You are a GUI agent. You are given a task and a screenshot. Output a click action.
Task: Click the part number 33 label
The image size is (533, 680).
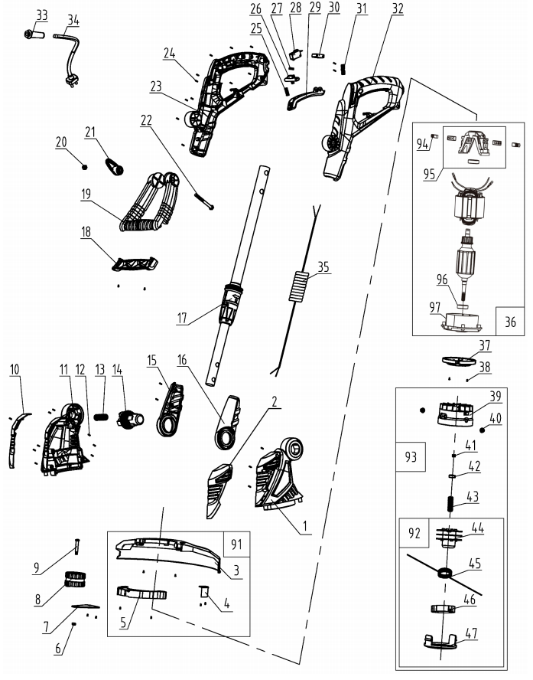pyautogui.click(x=41, y=15)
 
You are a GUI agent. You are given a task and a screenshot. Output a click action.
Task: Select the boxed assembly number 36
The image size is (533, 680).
pyautogui.click(x=510, y=322)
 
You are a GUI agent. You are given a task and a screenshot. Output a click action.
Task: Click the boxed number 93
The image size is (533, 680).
pyautogui.click(x=410, y=457)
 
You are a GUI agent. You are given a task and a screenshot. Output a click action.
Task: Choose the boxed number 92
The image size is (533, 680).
pyautogui.click(x=413, y=531)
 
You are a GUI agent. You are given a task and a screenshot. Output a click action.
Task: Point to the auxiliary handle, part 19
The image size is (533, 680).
pyautogui.click(x=149, y=202)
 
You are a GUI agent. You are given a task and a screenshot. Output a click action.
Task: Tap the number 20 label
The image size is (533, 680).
pyautogui.click(x=61, y=142)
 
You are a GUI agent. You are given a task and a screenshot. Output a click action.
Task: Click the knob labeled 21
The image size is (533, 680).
pyautogui.click(x=114, y=163)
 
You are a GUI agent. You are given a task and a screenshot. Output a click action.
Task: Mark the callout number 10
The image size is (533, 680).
pyautogui.click(x=15, y=368)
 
